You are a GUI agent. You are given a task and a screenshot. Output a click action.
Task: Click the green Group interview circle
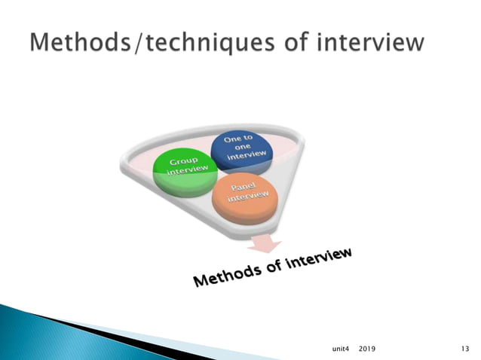click(x=185, y=171)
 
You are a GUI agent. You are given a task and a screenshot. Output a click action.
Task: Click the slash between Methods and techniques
click(x=136, y=42)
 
